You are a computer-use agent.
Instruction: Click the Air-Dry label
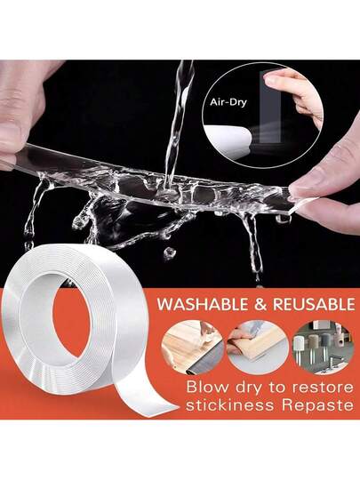tap(228, 102)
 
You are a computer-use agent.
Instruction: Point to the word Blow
tap(207, 387)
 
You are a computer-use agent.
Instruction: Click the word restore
tap(323, 388)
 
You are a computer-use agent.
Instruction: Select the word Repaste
tap(317, 406)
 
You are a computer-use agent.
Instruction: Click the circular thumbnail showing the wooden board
tap(193, 348)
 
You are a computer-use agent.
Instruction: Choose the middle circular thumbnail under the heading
tap(258, 348)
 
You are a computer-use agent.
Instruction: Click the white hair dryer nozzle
tap(228, 140)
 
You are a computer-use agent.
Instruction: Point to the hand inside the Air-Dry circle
tap(295, 95)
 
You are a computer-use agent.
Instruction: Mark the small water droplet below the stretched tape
tap(169, 252)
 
